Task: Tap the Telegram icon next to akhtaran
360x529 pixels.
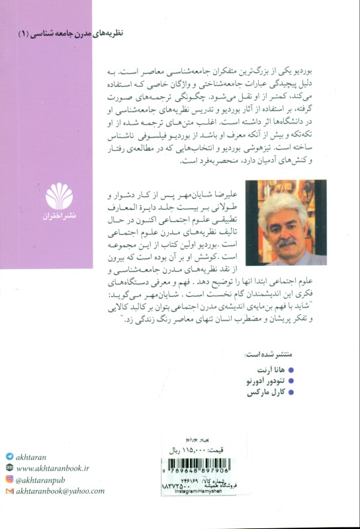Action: [9, 456]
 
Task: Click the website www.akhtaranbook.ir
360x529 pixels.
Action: [58, 468]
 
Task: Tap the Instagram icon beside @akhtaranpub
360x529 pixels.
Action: [9, 479]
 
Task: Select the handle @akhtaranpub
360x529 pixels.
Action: [44, 479]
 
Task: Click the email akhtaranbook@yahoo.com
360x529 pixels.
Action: [60, 491]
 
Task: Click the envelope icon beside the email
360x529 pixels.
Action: [9, 491]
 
